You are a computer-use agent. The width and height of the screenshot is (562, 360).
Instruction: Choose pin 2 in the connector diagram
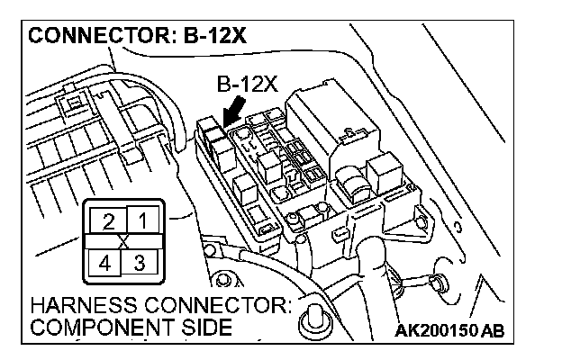(109, 220)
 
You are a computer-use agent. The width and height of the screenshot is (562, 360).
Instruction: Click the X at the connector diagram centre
(124, 242)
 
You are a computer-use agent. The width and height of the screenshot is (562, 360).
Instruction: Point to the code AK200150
(437, 330)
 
